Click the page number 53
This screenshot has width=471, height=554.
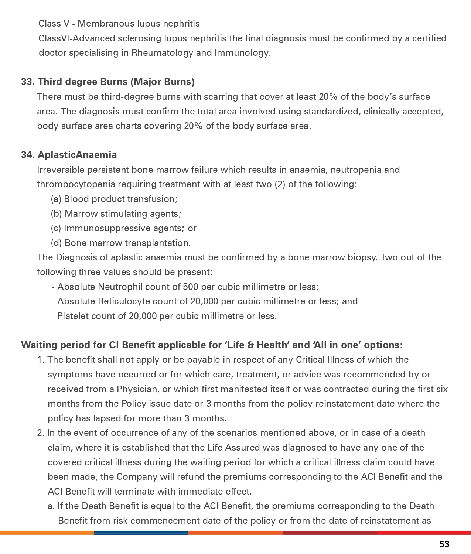444,544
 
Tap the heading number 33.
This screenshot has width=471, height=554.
27,82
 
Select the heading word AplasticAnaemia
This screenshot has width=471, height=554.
77,155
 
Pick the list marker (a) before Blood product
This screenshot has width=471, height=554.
56,199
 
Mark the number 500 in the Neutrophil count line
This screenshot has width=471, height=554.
190,287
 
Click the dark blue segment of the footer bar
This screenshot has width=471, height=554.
141,533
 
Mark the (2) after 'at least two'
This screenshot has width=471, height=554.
280,184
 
